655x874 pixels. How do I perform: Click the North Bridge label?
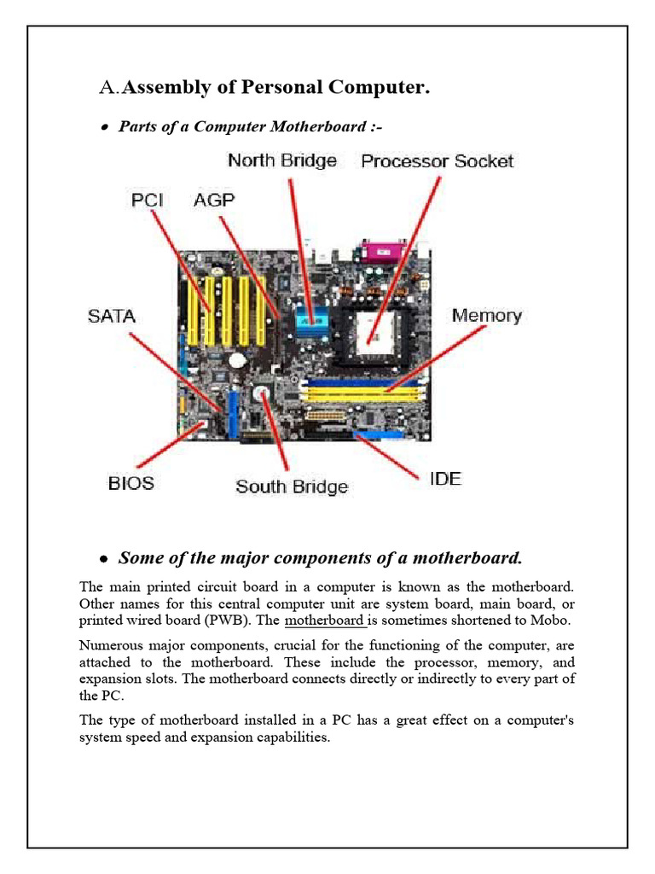click(x=281, y=160)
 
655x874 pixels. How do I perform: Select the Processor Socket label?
click(x=438, y=161)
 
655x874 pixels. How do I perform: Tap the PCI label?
click(x=146, y=201)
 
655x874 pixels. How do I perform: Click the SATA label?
click(x=111, y=316)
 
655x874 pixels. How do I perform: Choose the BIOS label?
click(x=130, y=483)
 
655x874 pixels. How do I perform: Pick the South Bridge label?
click(x=292, y=487)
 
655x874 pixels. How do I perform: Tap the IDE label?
click(x=443, y=479)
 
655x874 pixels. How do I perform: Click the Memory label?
click(x=486, y=316)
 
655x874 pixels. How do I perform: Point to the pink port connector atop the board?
click(x=379, y=251)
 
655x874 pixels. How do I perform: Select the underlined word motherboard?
click(x=323, y=620)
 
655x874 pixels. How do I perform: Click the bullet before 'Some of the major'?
click(x=104, y=560)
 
